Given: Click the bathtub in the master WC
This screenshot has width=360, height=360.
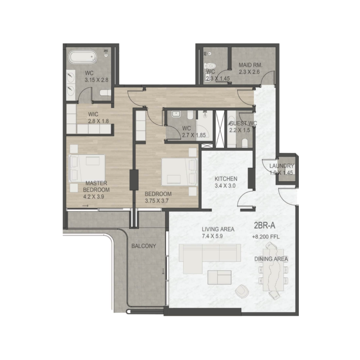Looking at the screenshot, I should pos(82,58).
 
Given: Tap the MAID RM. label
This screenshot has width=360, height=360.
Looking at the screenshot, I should pos(250,65).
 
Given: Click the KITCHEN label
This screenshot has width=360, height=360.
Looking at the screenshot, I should pos(225,179).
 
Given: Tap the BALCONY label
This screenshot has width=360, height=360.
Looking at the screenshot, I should pos(144,246).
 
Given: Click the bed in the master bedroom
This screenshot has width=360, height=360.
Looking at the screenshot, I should pos(87,168).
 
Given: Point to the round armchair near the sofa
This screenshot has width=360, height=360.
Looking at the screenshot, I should pos(242,292).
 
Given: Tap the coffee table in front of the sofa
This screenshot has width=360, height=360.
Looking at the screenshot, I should pos(219,278).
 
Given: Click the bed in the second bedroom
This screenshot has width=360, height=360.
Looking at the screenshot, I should pos(180,171).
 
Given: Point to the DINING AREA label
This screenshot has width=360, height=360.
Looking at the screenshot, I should pos(271,259).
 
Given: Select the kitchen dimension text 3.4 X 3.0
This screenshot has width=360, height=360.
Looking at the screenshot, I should pos(226,185).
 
